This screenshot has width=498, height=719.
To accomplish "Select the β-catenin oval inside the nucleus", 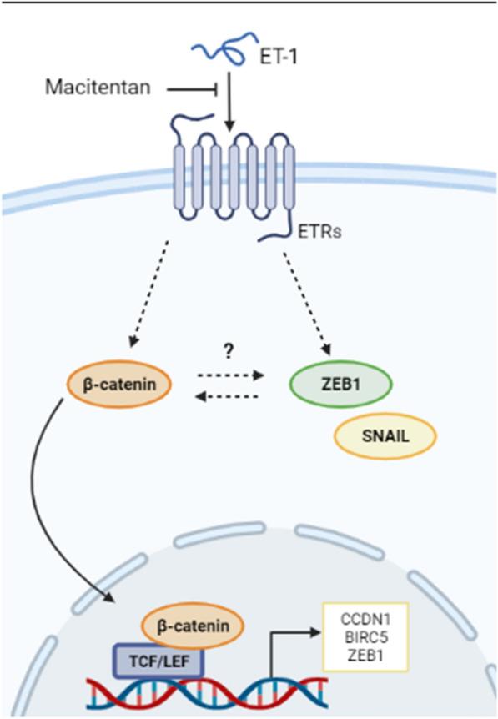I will click(192, 626).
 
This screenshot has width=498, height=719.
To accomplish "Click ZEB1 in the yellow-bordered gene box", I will click(366, 656).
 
